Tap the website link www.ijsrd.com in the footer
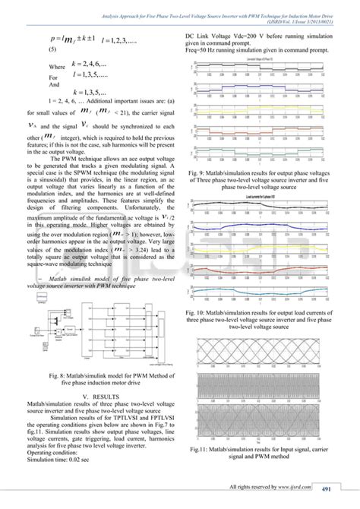click(x=298, y=488)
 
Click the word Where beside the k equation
click(x=57, y=67)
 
